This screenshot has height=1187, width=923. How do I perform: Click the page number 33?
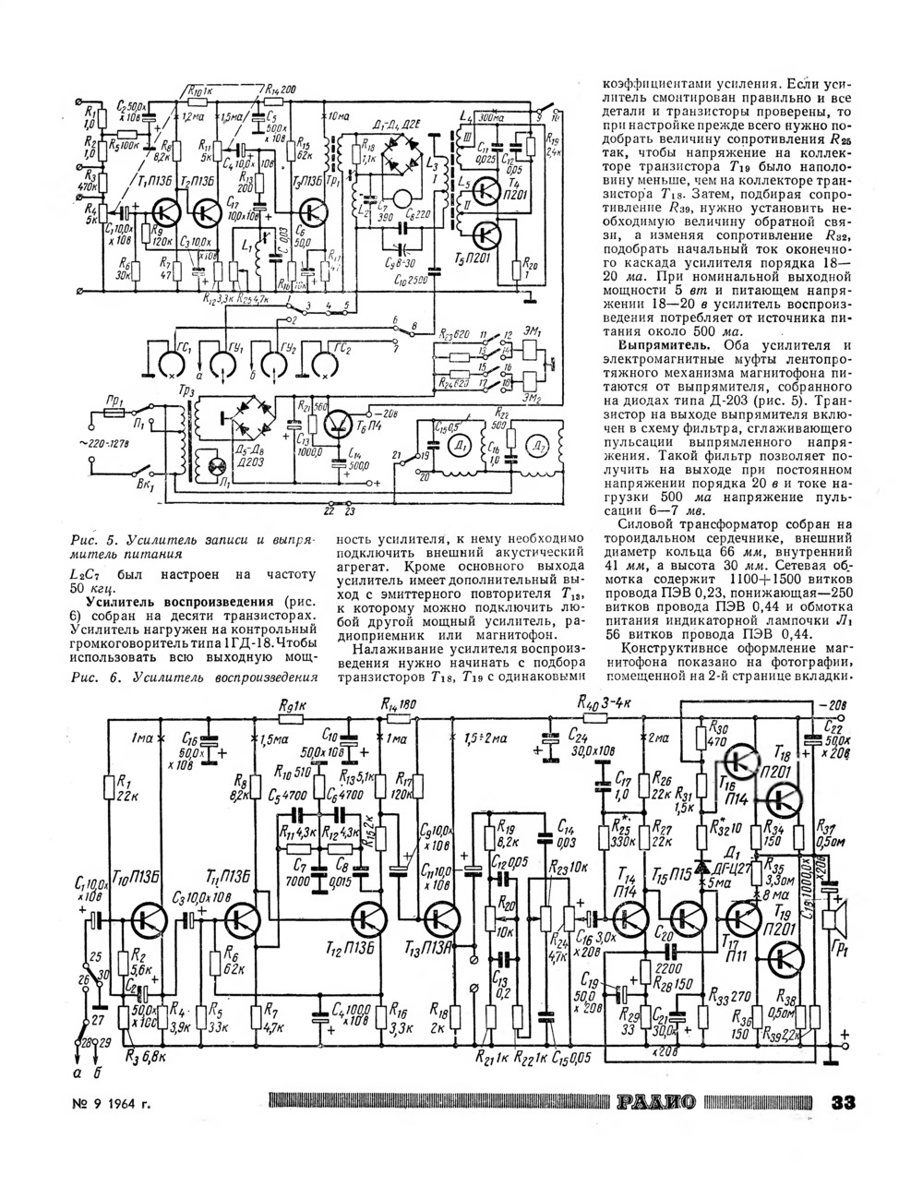pos(845,1102)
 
